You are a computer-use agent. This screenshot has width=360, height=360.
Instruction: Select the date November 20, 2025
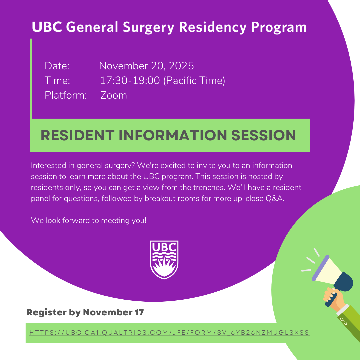coord(146,66)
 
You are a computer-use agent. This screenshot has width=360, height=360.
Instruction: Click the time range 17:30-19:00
coord(130,80)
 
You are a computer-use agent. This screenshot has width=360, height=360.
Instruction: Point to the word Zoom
coord(114,95)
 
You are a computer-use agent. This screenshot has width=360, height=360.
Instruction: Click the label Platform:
coord(66,95)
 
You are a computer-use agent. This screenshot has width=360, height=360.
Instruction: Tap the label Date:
coord(57,66)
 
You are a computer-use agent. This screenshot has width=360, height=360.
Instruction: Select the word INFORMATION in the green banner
coord(173,135)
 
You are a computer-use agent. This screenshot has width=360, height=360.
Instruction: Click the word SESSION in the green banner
coord(264,135)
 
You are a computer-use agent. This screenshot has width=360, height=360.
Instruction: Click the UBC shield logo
coord(164,260)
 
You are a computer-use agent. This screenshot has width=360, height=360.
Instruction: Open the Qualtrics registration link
coord(169,332)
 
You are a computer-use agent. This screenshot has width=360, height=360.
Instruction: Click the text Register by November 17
coord(85,312)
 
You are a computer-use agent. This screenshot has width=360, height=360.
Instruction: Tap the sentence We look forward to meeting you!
coord(89,220)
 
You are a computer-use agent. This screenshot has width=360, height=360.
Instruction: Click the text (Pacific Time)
coord(194,81)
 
